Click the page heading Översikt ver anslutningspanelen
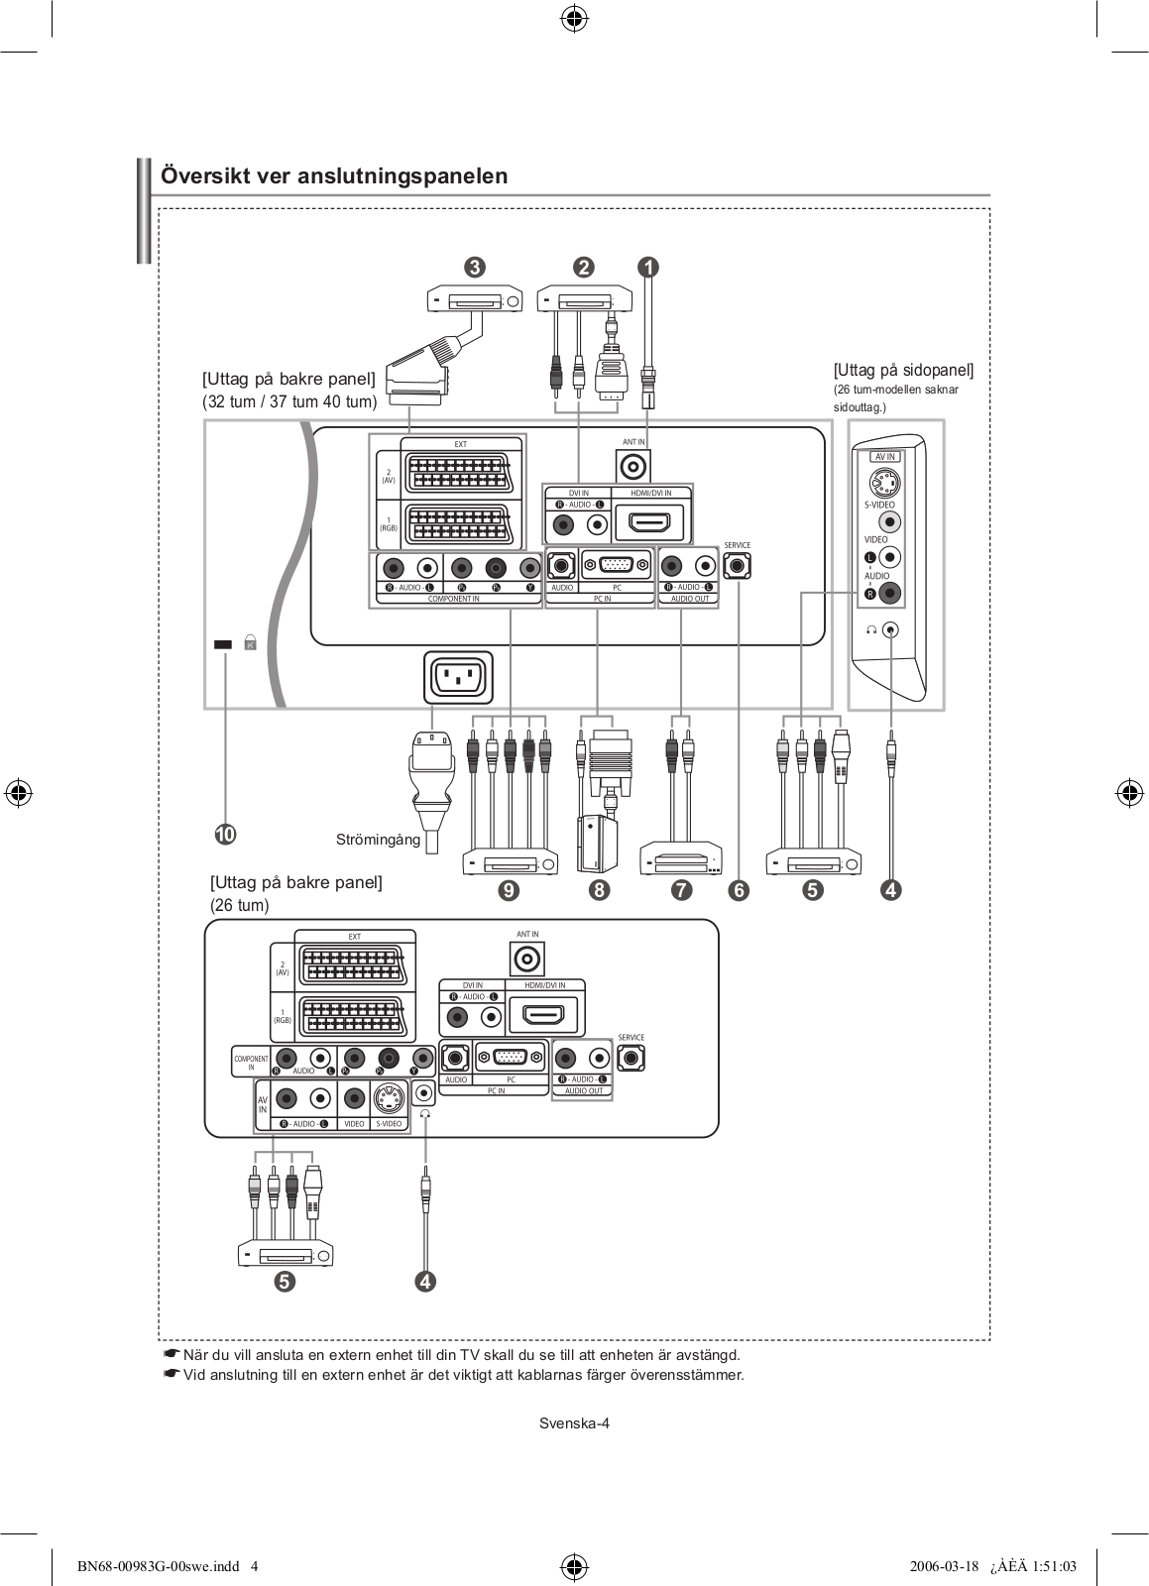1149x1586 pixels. pyautogui.click(x=334, y=176)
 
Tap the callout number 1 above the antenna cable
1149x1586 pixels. pyautogui.click(x=647, y=267)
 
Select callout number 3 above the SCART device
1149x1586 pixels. pyautogui.click(x=474, y=267)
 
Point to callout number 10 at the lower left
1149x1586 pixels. pyautogui.click(x=225, y=835)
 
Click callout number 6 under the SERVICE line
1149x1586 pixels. pyautogui.click(x=739, y=890)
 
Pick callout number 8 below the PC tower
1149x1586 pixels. pyautogui.click(x=598, y=890)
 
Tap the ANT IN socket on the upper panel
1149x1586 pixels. pyautogui.click(x=632, y=464)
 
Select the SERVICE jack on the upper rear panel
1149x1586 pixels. pyautogui.click(x=738, y=566)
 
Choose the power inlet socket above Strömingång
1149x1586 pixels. pyautogui.click(x=457, y=679)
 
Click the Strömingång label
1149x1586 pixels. pyautogui.click(x=378, y=841)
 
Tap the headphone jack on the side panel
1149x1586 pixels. pyautogui.click(x=892, y=629)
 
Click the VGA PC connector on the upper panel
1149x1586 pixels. pyautogui.click(x=617, y=565)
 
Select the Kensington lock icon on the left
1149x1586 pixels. pyautogui.click(x=250, y=642)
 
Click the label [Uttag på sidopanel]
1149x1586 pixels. pyautogui.click(x=903, y=370)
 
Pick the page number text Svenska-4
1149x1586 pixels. pyautogui.click(x=574, y=1423)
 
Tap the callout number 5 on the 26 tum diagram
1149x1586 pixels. pyautogui.click(x=284, y=1281)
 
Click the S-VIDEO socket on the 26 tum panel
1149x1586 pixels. pyautogui.click(x=389, y=1098)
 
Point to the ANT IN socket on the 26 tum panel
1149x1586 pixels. pyautogui.click(x=527, y=959)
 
